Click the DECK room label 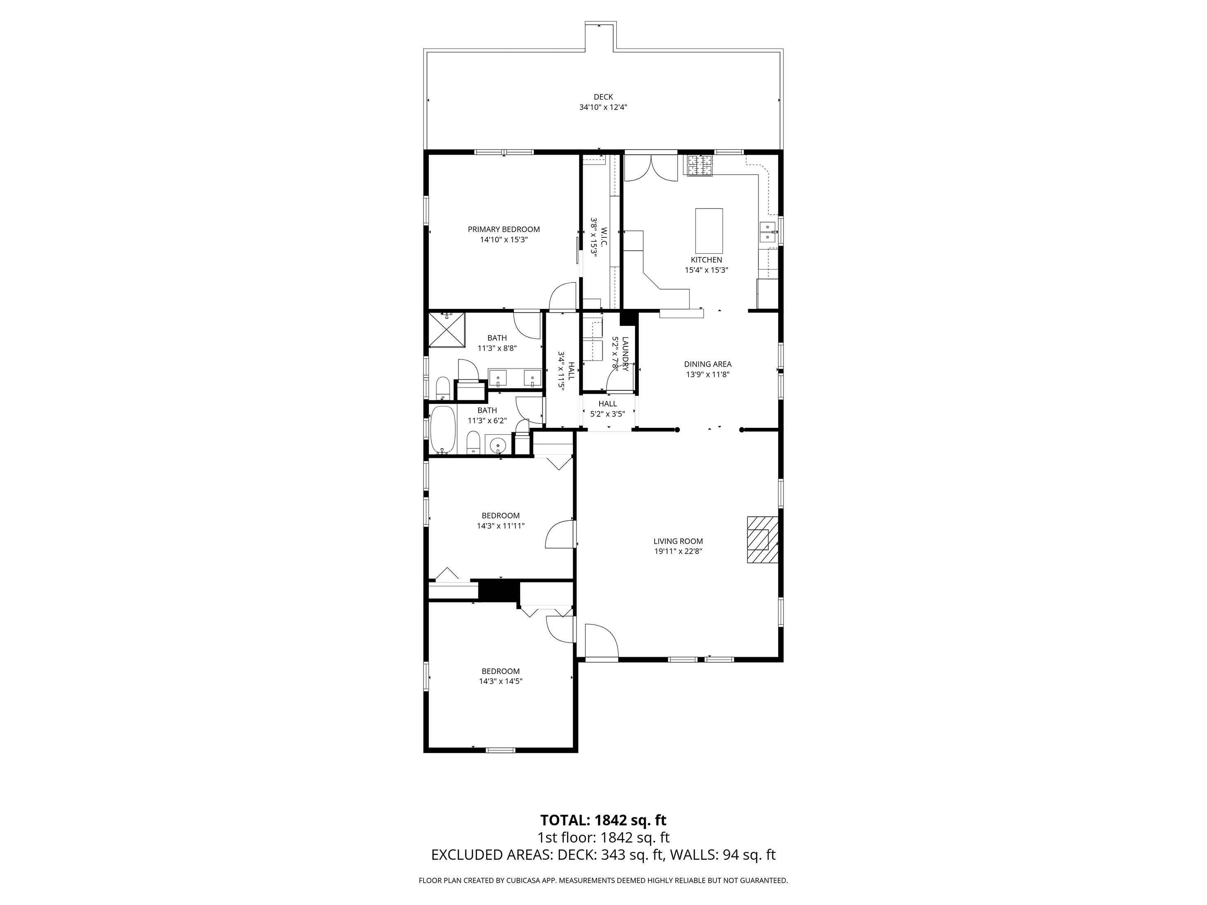pyautogui.click(x=603, y=97)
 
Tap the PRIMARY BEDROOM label pyautogui.click(x=504, y=229)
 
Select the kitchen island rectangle pyautogui.click(x=709, y=229)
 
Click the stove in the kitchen pyautogui.click(x=700, y=166)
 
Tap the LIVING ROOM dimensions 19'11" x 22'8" pyautogui.click(x=678, y=551)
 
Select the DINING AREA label pyautogui.click(x=708, y=364)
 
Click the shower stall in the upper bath pyautogui.click(x=447, y=329)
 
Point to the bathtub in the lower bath pyautogui.click(x=442, y=429)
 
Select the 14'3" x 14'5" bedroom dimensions pyautogui.click(x=500, y=681)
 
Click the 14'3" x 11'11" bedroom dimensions pyautogui.click(x=500, y=526)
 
